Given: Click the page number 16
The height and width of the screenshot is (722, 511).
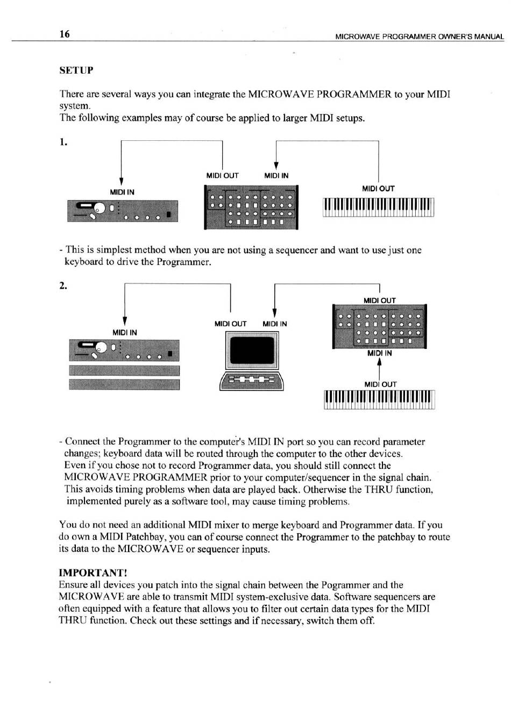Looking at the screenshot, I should pyautogui.click(x=65, y=34).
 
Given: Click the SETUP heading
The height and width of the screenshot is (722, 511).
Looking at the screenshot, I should pyautogui.click(x=76, y=70).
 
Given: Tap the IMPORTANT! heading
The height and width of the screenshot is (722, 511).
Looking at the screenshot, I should pyautogui.click(x=93, y=573).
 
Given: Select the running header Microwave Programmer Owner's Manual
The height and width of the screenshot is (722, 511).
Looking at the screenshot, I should pyautogui.click(x=420, y=37).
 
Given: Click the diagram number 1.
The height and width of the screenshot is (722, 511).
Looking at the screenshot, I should pyautogui.click(x=63, y=142).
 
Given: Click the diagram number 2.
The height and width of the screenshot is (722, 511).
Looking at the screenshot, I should pyautogui.click(x=63, y=285).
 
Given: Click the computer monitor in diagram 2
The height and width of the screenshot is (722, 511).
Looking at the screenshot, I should pyautogui.click(x=252, y=351).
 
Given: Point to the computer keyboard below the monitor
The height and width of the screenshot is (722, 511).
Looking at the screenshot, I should pyautogui.click(x=251, y=381).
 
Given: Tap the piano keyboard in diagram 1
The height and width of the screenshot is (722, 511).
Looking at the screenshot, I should pyautogui.click(x=378, y=208).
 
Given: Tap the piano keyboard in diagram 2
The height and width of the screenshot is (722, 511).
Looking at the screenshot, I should pyautogui.click(x=379, y=400).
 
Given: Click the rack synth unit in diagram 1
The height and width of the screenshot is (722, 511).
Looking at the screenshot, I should pyautogui.click(x=122, y=211).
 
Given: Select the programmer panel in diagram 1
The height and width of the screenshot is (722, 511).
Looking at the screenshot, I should pyautogui.click(x=251, y=208).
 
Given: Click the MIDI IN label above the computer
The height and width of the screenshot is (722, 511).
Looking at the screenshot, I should pyautogui.click(x=275, y=324).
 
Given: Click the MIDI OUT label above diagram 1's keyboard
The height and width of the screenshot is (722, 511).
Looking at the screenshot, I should pyautogui.click(x=378, y=189).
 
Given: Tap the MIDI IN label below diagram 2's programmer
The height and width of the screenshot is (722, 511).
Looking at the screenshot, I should pyautogui.click(x=380, y=353).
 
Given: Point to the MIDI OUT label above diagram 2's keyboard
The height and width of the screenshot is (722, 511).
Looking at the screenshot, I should pyautogui.click(x=380, y=384).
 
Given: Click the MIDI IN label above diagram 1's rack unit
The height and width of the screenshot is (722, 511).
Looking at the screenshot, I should pyautogui.click(x=122, y=192).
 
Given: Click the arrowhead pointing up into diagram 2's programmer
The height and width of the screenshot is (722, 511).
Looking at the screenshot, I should pyautogui.click(x=380, y=362).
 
